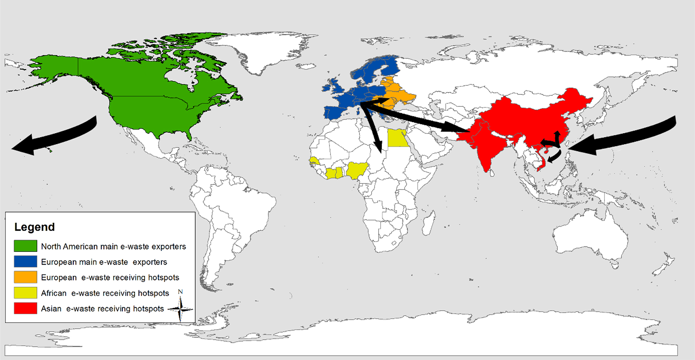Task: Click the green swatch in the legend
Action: coord(25,246)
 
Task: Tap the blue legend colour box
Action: coord(25,262)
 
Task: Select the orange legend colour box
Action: coord(25,277)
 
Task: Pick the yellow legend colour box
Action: coord(25,293)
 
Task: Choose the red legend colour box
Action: coord(25,308)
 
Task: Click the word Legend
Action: coord(34,227)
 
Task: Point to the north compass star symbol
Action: coord(180,309)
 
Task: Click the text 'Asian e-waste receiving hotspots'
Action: coord(102,309)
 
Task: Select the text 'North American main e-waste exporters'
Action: coord(113,246)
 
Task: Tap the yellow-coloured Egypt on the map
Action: coord(397,138)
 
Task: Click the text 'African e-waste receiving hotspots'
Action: coord(105,293)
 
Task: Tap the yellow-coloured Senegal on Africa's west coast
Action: coord(314,160)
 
